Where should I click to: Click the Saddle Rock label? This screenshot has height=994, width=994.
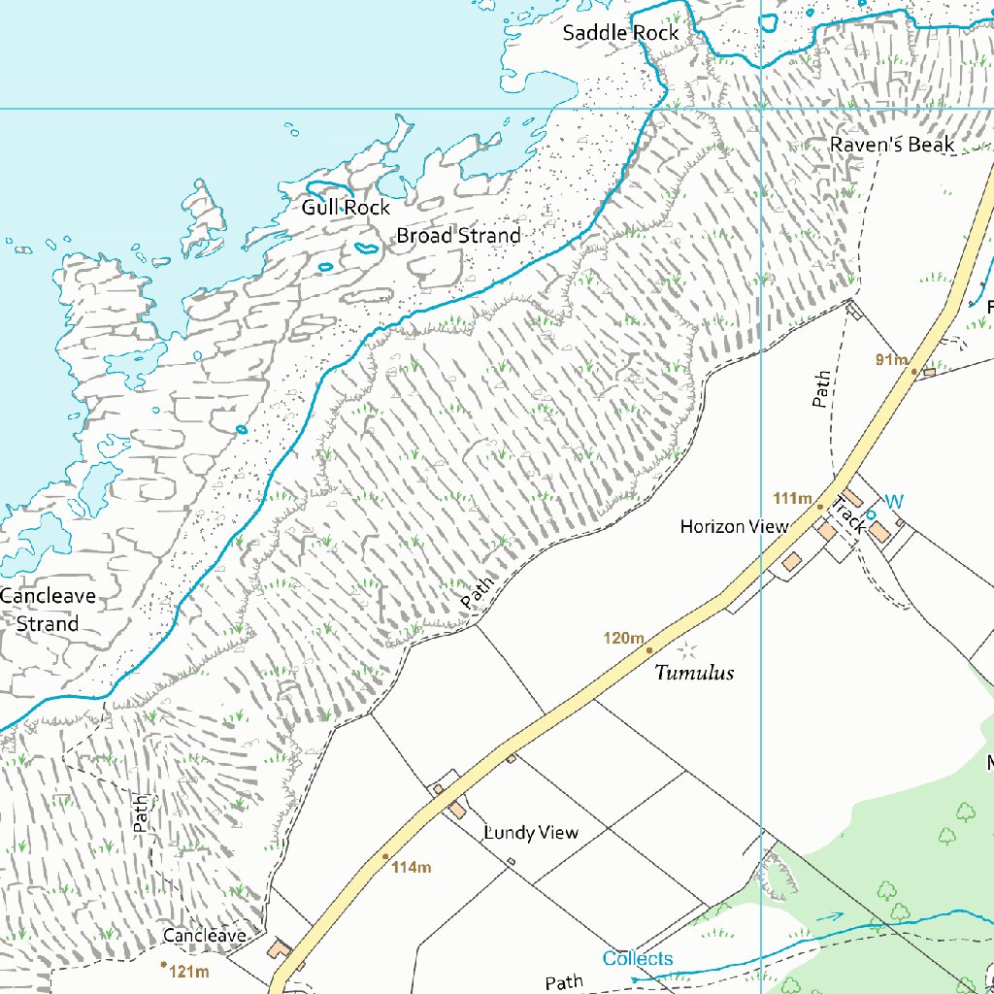pyautogui.click(x=621, y=33)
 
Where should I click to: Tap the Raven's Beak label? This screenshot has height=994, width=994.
pyautogui.click(x=892, y=145)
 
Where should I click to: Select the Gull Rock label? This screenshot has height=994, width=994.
pyautogui.click(x=346, y=208)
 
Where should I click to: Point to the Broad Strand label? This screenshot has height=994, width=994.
pyautogui.click(x=458, y=236)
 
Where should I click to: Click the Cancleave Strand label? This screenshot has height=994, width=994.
pyautogui.click(x=48, y=610)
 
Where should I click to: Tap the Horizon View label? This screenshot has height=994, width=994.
pyautogui.click(x=734, y=527)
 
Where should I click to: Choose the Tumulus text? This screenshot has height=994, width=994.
pyautogui.click(x=694, y=673)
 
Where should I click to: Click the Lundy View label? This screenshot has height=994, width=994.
pyautogui.click(x=531, y=833)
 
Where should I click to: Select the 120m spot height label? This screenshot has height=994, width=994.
pyautogui.click(x=623, y=638)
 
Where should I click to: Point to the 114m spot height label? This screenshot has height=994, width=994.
pyautogui.click(x=412, y=867)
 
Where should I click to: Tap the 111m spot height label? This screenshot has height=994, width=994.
pyautogui.click(x=792, y=499)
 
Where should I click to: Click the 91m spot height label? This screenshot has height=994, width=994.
pyautogui.click(x=889, y=360)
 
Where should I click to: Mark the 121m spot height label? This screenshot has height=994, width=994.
pyautogui.click(x=189, y=971)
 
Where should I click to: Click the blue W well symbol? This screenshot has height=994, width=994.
pyautogui.click(x=894, y=502)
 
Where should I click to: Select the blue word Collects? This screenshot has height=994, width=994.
pyautogui.click(x=637, y=959)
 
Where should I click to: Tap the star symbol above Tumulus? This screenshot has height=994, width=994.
pyautogui.click(x=688, y=647)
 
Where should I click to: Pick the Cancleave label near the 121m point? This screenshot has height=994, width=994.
pyautogui.click(x=203, y=936)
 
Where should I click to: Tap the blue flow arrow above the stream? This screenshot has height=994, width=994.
pyautogui.click(x=829, y=915)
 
